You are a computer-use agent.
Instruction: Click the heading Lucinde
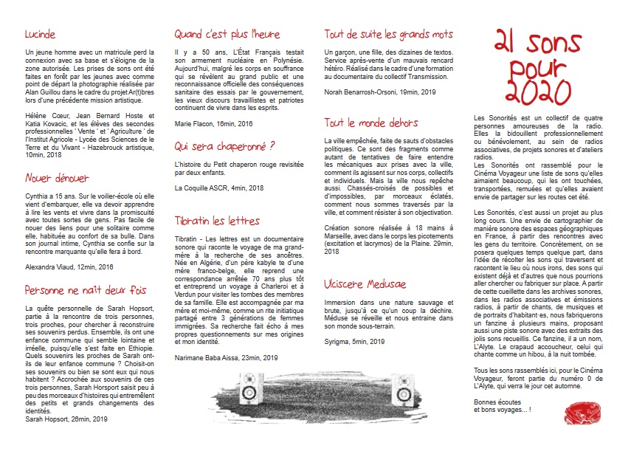pos(40,34)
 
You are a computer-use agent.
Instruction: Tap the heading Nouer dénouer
pos(57,178)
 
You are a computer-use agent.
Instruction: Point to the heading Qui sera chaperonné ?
pos(224,146)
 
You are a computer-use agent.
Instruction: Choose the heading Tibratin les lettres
pos(217,221)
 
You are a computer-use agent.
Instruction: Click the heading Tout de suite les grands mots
pos(388,34)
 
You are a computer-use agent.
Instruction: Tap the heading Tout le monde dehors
pos(371,123)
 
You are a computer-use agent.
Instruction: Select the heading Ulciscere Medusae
pos(365,283)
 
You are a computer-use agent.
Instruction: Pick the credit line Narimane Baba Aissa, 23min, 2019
pos(227,357)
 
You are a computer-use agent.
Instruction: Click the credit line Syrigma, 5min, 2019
pos(355,341)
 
